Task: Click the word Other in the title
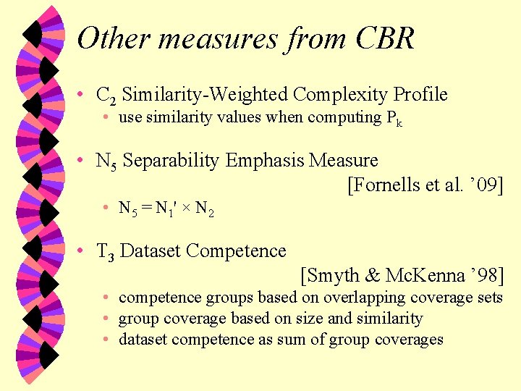(x=111, y=38)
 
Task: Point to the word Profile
(x=420, y=95)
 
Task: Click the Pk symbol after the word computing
(x=394, y=119)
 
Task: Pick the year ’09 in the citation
(x=485, y=185)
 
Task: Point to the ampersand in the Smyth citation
(x=373, y=276)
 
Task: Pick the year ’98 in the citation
(x=484, y=276)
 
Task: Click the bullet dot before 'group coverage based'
(x=106, y=319)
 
